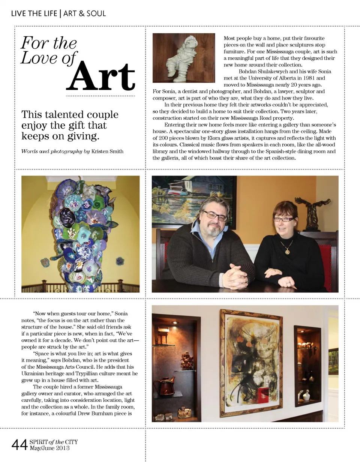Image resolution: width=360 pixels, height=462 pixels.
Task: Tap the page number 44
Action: [x=19, y=445]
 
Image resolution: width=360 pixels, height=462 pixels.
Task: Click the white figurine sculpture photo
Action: [x=184, y=58]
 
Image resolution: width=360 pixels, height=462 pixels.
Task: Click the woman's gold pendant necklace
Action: [x=287, y=250]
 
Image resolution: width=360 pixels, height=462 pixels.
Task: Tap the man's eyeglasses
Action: [x=215, y=216]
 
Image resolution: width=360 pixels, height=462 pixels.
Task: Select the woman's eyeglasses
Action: [x=283, y=219]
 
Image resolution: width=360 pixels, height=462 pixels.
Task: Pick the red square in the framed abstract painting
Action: [x=263, y=394]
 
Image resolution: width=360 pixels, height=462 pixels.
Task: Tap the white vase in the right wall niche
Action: [x=306, y=395]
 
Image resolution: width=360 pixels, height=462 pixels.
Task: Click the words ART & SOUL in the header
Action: [x=85, y=13]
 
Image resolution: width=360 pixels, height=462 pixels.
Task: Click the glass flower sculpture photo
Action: [x=80, y=234]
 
